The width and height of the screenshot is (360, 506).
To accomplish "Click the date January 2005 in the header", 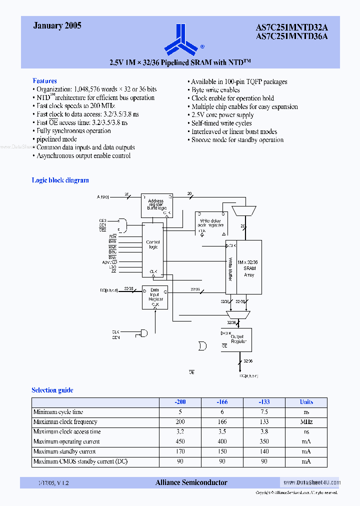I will (57, 25).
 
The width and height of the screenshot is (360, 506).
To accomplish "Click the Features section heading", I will (44, 80).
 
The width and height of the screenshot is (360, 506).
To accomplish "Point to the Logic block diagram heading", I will (60, 180).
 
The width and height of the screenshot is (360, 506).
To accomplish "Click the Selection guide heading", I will (52, 390).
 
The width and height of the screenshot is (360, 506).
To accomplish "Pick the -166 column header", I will (222, 402).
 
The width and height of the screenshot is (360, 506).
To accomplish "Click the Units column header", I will (306, 402).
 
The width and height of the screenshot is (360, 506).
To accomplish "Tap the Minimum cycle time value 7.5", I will (264, 412).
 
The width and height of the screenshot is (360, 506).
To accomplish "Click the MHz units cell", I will (306, 422).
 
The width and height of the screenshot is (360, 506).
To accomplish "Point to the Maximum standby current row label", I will (64, 451).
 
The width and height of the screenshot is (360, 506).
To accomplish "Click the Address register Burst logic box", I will (156, 205).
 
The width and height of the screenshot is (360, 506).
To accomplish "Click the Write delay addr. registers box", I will (210, 223).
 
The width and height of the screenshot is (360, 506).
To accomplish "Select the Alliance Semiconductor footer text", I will (191, 482).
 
